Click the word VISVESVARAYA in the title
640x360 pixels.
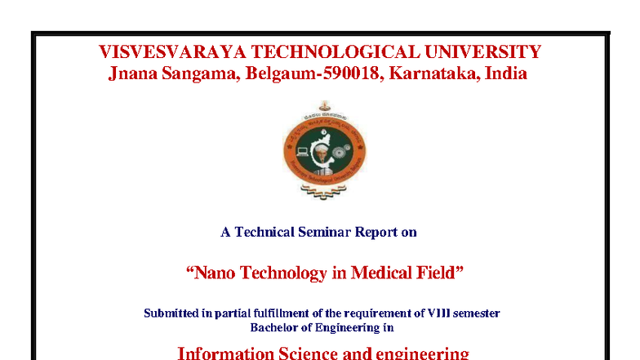pyautogui.click(x=172, y=52)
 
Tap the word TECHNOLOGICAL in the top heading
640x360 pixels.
pyautogui.click(x=336, y=52)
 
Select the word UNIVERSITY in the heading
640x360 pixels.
pyautogui.click(x=483, y=52)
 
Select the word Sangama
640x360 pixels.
pyautogui.click(x=201, y=74)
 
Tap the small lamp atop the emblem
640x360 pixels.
pyautogui.click(x=325, y=106)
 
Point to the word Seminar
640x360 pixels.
pyautogui.click(x=325, y=232)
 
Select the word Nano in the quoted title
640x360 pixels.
pyautogui.click(x=215, y=273)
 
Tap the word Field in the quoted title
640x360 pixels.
pyautogui.click(x=436, y=273)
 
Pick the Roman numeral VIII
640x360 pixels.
pyautogui.click(x=439, y=313)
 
